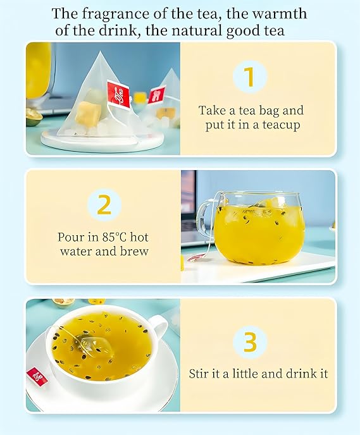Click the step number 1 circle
tap(250, 77)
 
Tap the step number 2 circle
tap(104, 205)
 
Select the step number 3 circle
tap(250, 342)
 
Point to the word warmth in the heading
tap(280, 13)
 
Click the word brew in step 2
tap(134, 251)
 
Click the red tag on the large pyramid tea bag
tap(118, 94)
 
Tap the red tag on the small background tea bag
tap(156, 95)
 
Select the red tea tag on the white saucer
tap(37, 376)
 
